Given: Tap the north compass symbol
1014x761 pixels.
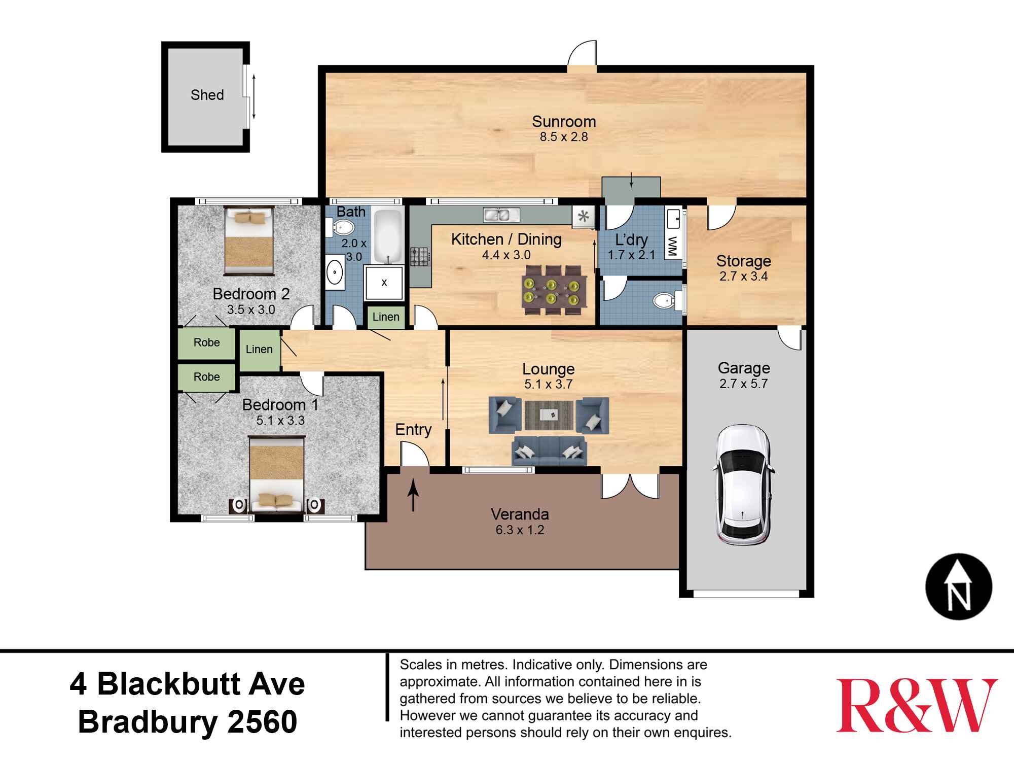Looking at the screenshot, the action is click(x=959, y=586).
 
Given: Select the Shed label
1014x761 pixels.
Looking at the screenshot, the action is click(x=207, y=95).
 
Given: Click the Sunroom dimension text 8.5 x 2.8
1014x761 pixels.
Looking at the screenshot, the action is click(x=564, y=137).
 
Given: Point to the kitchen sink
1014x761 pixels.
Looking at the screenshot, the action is click(x=500, y=215).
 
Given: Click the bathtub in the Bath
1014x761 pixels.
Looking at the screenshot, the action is click(x=388, y=236).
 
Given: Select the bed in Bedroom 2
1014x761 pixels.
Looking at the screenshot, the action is click(x=249, y=240).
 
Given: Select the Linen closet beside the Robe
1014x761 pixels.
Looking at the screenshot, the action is click(x=260, y=350).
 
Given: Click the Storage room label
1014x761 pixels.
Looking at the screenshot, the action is click(x=744, y=261).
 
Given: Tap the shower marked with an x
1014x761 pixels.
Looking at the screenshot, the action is click(x=384, y=283).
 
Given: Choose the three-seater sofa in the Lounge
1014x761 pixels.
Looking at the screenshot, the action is click(x=549, y=451).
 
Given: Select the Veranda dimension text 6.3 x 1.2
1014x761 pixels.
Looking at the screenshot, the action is click(x=520, y=531).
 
